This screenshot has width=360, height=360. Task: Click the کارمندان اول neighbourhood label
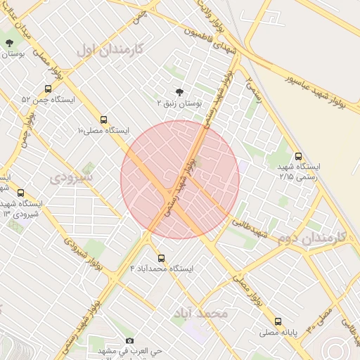108,49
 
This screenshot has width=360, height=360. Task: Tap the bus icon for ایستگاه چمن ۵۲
48,89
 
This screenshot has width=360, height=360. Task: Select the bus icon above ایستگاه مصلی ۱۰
104,120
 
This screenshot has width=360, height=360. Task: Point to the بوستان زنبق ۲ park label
179,103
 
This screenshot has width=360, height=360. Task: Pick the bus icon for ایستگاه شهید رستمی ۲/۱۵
299,157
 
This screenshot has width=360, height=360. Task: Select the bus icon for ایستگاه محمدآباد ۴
162,258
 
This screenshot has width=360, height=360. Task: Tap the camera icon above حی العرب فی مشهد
130,341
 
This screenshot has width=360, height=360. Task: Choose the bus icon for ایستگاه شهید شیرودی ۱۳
20,193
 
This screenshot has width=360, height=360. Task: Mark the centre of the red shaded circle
180,179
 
